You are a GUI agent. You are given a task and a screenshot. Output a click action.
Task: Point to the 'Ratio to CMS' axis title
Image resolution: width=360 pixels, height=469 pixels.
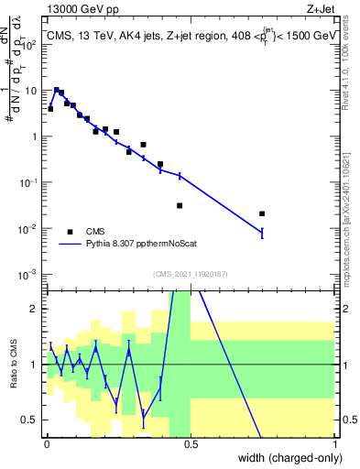point(12,365)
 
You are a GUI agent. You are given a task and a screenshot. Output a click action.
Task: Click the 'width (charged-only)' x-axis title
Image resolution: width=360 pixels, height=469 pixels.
point(287,455)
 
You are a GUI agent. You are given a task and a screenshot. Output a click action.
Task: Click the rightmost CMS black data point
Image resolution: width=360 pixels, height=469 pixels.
point(262,213)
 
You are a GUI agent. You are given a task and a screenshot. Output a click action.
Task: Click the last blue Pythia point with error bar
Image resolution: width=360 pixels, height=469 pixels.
point(262,234)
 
